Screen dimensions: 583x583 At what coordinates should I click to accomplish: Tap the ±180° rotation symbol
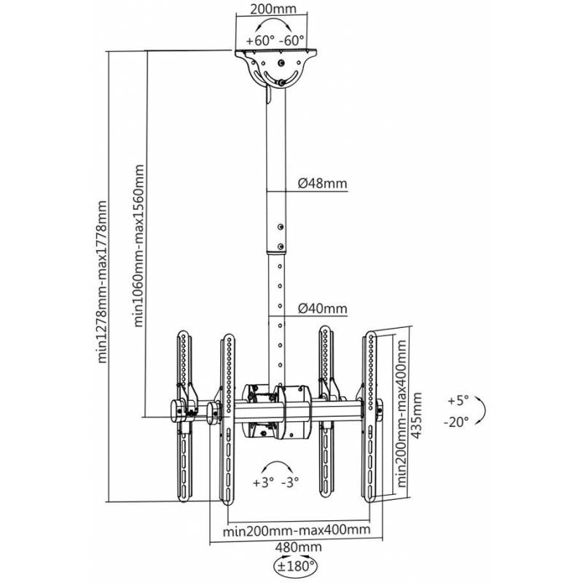click(296, 565)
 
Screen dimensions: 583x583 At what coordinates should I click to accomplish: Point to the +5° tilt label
click(458, 402)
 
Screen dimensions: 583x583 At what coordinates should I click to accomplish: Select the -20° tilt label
click(458, 421)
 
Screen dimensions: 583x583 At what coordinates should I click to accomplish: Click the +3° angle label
click(263, 482)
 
